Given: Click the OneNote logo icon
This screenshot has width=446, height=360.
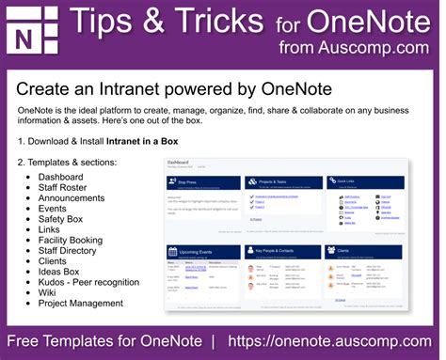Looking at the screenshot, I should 32,32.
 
